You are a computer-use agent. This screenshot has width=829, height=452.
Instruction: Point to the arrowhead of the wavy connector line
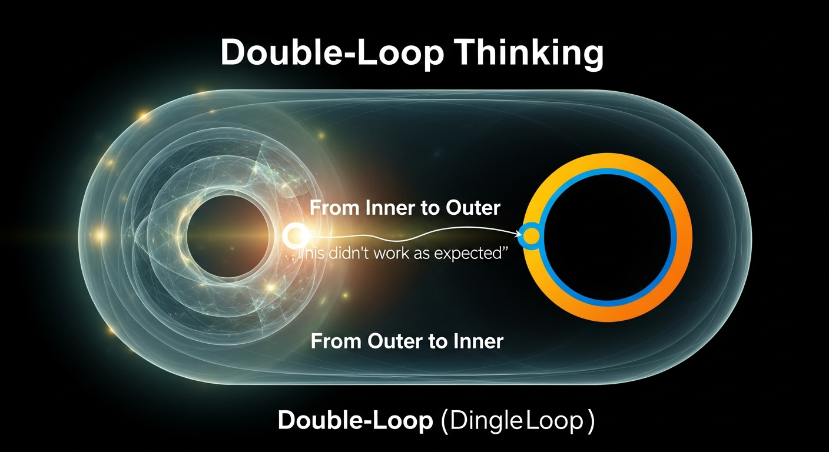pyautogui.click(x=520, y=234)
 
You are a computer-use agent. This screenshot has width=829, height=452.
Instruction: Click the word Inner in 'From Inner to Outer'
pyautogui.click(x=386, y=208)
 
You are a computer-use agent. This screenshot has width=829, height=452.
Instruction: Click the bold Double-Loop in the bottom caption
pyautogui.click(x=355, y=421)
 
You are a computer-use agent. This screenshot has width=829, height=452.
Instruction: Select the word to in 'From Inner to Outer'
pyautogui.click(x=430, y=208)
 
